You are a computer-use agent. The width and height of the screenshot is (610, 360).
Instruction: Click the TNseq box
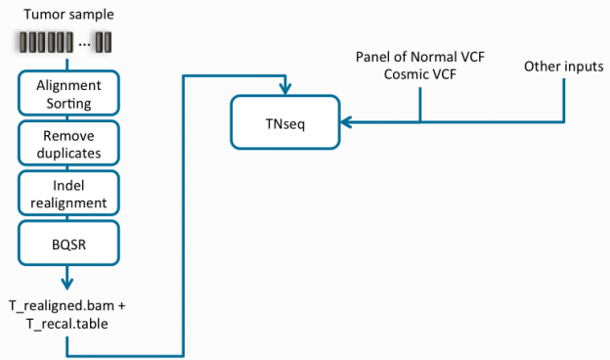[284, 121]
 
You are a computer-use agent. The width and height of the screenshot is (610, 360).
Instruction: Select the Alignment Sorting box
[67, 93]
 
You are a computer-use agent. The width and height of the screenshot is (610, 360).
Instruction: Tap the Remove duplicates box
[67, 144]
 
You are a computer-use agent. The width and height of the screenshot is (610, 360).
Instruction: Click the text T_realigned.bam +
[67, 305]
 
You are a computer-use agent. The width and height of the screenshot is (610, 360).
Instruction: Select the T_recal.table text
[67, 322]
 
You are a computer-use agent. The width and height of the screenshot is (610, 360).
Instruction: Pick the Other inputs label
[563, 67]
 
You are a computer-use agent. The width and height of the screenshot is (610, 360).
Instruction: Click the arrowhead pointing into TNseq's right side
[344, 122]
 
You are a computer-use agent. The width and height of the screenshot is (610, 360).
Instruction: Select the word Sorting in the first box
[67, 102]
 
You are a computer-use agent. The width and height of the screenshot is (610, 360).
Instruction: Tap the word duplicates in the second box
[67, 153]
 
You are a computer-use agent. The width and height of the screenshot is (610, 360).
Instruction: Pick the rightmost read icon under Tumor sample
[109, 42]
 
